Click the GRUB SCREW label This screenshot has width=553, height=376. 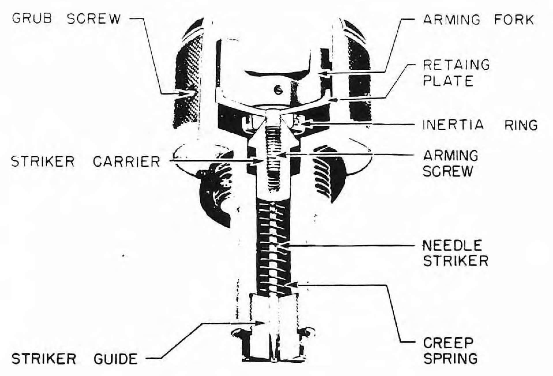(66, 19)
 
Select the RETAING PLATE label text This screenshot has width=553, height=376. (456, 73)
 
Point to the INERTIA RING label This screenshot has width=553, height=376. (480, 125)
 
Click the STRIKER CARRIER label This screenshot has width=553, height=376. (86, 161)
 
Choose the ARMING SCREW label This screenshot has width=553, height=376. (450, 163)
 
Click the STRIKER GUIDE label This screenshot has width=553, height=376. (74, 359)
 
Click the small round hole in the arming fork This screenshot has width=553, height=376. (278, 91)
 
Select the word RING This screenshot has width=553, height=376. (521, 125)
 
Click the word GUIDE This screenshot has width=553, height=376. (116, 359)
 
